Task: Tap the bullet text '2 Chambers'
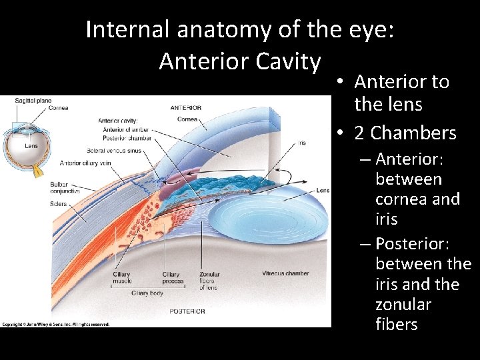click(405, 133)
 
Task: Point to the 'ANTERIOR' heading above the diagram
click(186, 107)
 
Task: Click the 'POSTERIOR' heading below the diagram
click(188, 311)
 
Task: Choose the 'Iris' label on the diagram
click(302, 143)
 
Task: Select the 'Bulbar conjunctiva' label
click(64, 187)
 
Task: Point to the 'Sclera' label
click(59, 203)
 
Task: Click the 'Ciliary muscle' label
click(121, 277)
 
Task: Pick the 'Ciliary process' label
click(171, 277)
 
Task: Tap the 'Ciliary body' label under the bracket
click(147, 293)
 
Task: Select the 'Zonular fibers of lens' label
click(209, 281)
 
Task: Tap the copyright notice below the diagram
click(55, 324)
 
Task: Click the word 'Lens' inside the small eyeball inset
click(31, 145)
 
